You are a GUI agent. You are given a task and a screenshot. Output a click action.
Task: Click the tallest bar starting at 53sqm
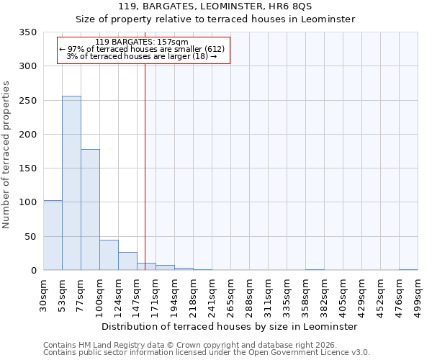[x=71, y=184]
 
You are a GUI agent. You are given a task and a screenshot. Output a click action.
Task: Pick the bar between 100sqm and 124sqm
[x=109, y=256]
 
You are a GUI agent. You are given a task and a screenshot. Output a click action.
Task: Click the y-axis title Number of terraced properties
[x=6, y=155]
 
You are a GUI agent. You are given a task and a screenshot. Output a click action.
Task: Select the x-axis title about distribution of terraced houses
[x=229, y=326]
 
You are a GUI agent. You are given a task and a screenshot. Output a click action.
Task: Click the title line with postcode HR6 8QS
[x=215, y=6]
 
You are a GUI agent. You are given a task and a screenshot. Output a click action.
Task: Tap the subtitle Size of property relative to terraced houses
[x=215, y=19]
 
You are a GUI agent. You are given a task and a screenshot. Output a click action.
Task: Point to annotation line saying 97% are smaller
[x=142, y=49]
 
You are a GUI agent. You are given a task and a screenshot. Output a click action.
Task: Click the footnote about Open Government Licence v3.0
[x=206, y=353]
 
